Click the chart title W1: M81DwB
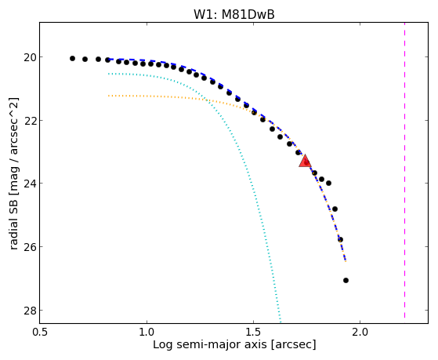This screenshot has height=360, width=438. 234,14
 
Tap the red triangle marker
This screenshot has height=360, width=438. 305,161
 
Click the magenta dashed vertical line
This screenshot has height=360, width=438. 404,170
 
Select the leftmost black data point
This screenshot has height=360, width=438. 72,59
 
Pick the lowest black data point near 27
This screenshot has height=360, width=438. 346,280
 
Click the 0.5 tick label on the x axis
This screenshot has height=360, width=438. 40,333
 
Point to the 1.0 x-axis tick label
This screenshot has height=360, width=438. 147,333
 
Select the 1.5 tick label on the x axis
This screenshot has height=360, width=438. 253,333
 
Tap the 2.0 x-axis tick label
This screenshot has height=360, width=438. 360,333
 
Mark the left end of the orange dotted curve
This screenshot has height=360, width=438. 109,96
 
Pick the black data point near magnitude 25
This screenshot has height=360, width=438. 335,209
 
